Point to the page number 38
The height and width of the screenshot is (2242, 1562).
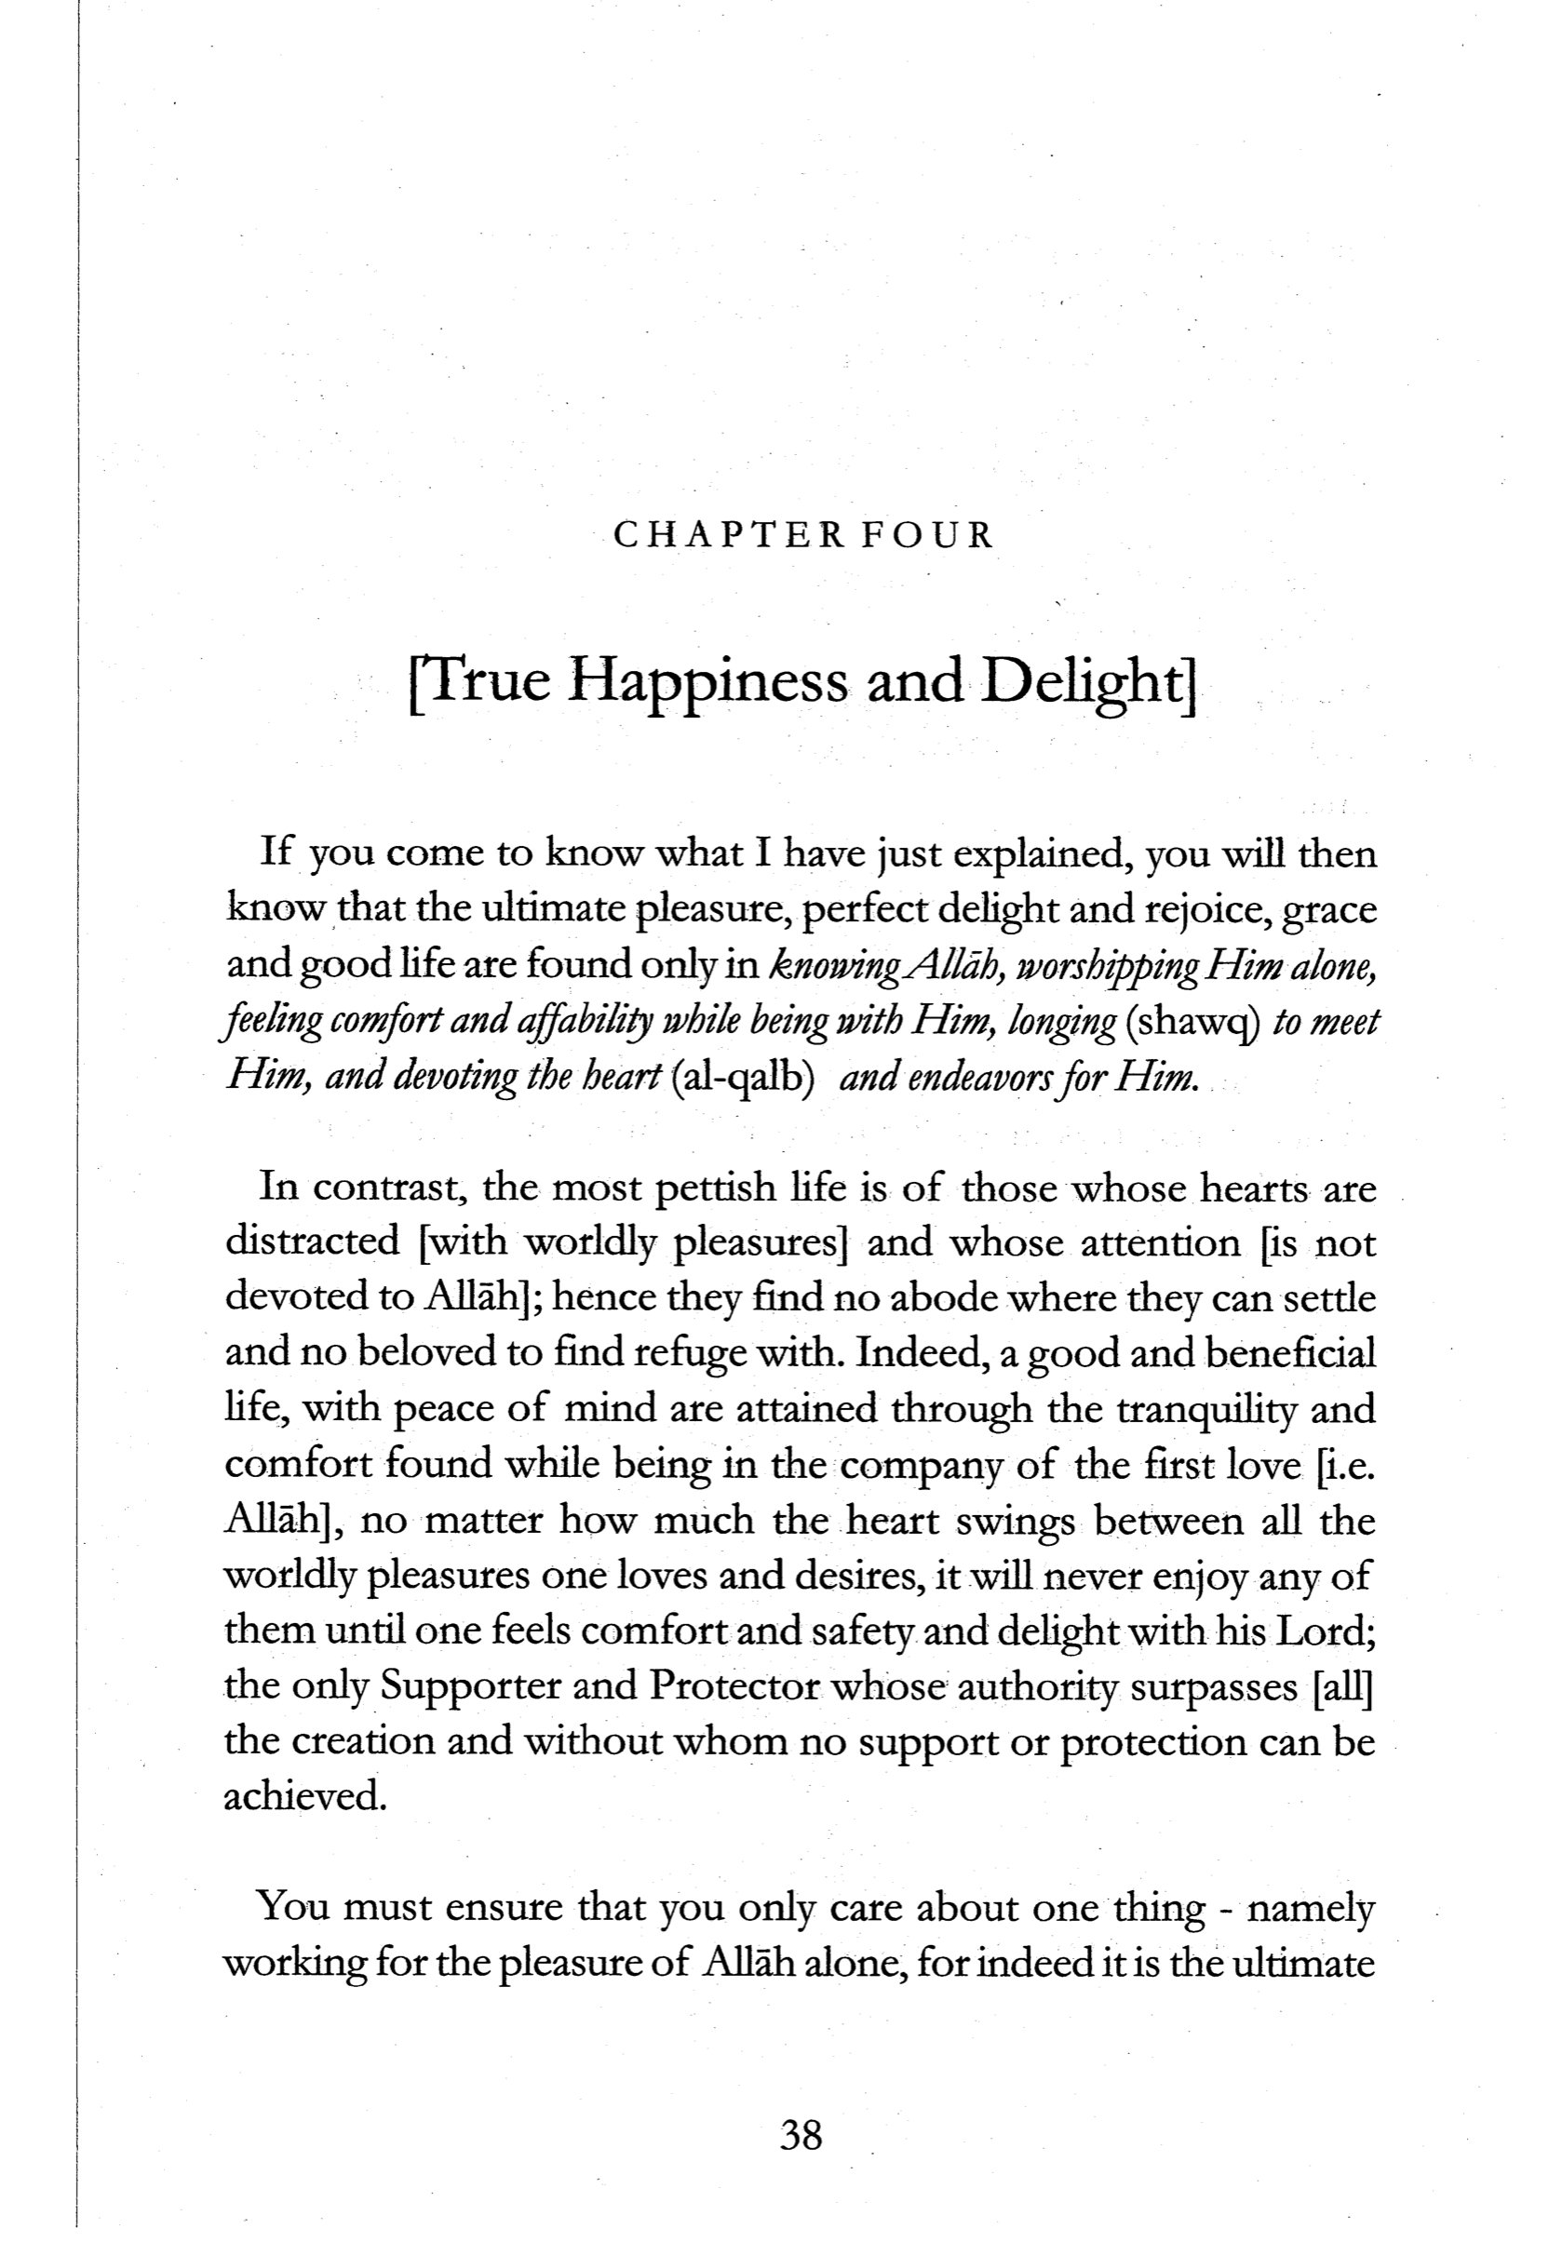click(x=801, y=2136)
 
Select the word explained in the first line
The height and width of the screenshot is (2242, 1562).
click(x=1042, y=854)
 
